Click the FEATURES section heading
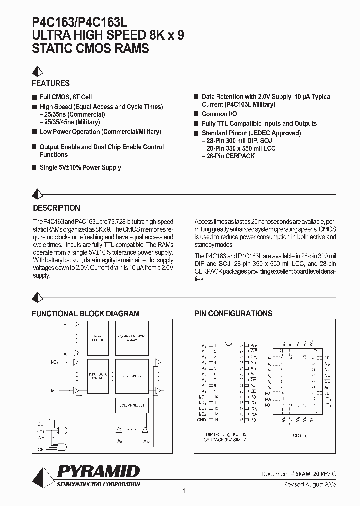(x=51, y=83)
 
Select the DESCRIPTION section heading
(x=56, y=208)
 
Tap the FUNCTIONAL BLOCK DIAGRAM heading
(x=86, y=313)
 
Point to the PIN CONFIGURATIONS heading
(x=233, y=313)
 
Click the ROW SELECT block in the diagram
(x=98, y=338)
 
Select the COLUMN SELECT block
(x=130, y=406)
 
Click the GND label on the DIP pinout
(x=202, y=420)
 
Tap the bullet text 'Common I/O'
(x=219, y=114)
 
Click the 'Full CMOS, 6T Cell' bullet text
(x=65, y=97)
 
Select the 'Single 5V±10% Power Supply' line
(x=80, y=168)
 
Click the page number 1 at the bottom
(x=184, y=491)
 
